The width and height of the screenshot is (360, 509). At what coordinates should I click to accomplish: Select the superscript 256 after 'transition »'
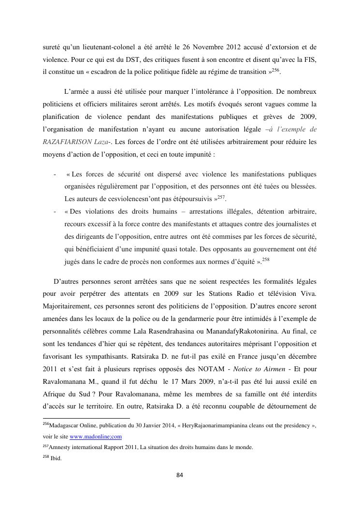coord(276,70)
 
